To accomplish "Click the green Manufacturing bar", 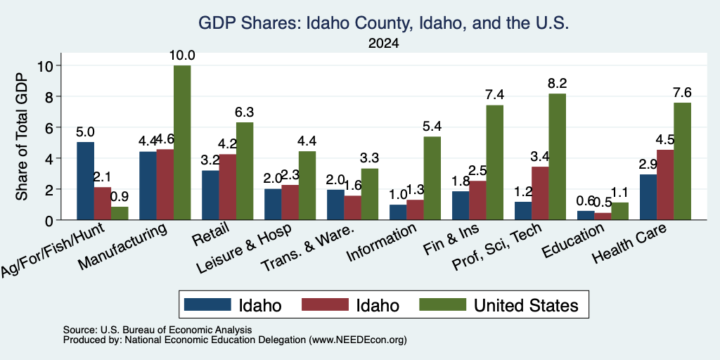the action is pyautogui.click(x=182, y=142).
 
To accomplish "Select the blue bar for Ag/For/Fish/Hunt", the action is pyautogui.click(x=85, y=181).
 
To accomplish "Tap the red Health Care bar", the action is pyautogui.click(x=665, y=185).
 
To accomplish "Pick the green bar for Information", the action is pyautogui.click(x=432, y=178).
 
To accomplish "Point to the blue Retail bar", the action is pyautogui.click(x=210, y=195).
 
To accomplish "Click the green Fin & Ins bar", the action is pyautogui.click(x=494, y=162).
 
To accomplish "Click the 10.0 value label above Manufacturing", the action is pyautogui.click(x=182, y=56).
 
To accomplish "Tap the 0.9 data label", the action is pyautogui.click(x=120, y=197).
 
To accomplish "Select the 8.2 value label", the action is pyautogui.click(x=557, y=84).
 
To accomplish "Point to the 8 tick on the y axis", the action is pyautogui.click(x=51, y=96).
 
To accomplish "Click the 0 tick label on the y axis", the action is pyautogui.click(x=51, y=220).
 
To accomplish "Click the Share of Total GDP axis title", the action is pyautogui.click(x=22, y=136).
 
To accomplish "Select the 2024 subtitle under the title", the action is pyautogui.click(x=383, y=44).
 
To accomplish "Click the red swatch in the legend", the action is pyautogui.click(x=325, y=304).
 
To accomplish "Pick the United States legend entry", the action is pyautogui.click(x=500, y=305).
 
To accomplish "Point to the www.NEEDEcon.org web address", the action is pyautogui.click(x=358, y=340).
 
